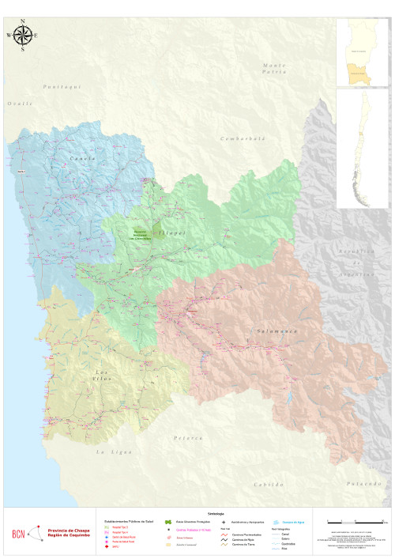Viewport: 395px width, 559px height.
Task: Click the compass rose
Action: pos(23,35)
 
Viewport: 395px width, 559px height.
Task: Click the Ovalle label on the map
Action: pos(21,104)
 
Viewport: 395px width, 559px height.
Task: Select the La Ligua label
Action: pos(111,451)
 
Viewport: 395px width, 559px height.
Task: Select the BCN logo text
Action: pos(18,534)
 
